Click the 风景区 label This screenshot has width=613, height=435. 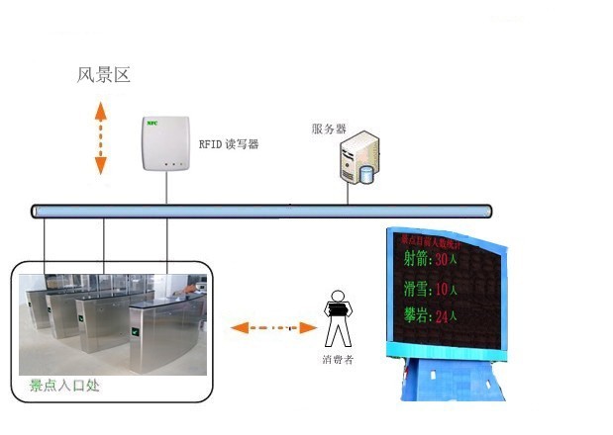coord(104,75)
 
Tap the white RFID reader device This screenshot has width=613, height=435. coord(166,144)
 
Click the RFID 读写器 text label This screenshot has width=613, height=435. coord(229,144)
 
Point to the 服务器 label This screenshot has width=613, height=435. coord(328,129)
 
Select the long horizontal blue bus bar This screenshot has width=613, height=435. coord(261,211)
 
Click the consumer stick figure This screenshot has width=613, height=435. coord(339,316)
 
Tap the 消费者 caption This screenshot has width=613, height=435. coord(338,359)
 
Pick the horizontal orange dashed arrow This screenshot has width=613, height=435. coord(265,327)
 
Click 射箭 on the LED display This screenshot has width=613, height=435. coord(418,259)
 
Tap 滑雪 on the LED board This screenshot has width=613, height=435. coord(418,290)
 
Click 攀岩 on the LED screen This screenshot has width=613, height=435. coord(418,317)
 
